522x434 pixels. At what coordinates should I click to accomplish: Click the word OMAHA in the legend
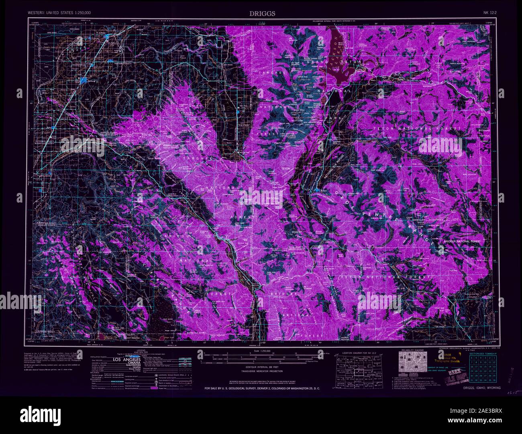tap(131, 364)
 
